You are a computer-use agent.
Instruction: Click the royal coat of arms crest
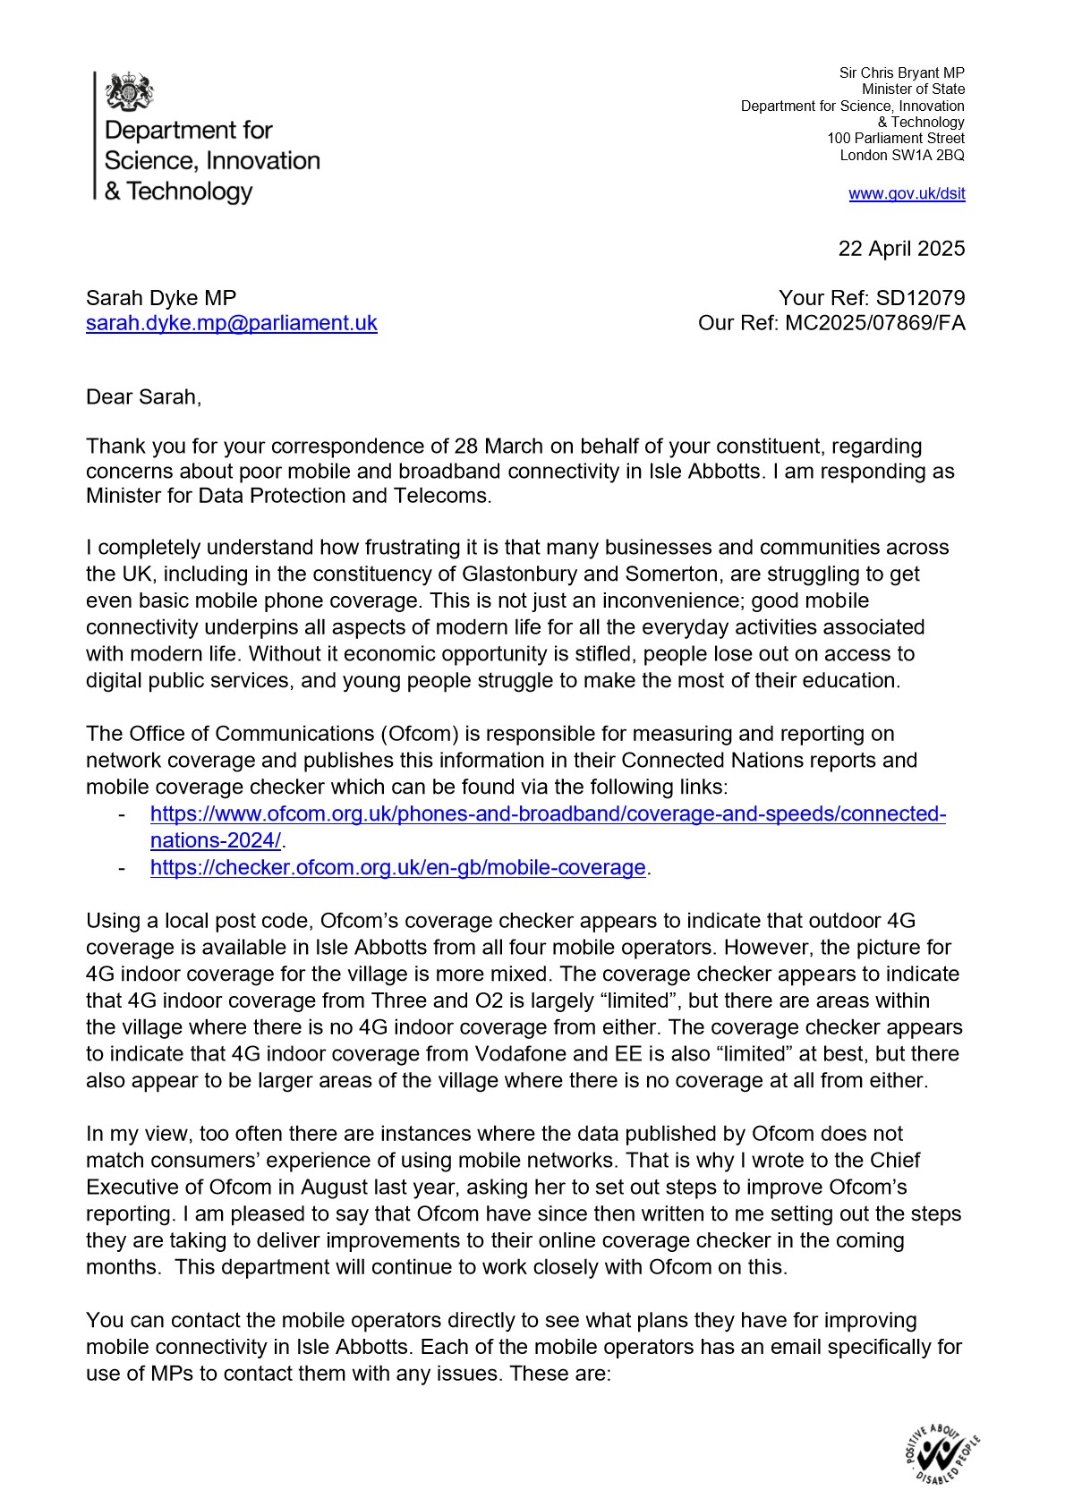(x=130, y=92)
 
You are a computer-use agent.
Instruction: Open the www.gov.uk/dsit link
(x=907, y=194)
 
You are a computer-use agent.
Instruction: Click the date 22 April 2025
(x=901, y=249)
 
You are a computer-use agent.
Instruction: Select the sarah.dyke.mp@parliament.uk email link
(x=231, y=323)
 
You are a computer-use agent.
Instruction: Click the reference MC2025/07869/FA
(x=874, y=323)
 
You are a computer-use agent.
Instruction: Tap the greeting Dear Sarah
(x=143, y=397)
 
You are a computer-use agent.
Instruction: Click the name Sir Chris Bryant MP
(x=901, y=73)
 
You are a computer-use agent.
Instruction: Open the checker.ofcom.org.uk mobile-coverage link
(x=397, y=867)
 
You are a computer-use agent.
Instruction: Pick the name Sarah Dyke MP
(x=161, y=298)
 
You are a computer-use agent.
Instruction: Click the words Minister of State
(x=913, y=89)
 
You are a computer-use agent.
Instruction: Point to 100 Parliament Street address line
(x=895, y=139)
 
